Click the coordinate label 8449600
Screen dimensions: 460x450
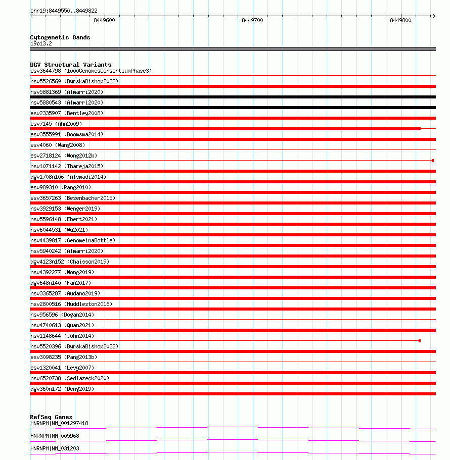pyautogui.click(x=104, y=21)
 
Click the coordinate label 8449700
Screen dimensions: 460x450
pyautogui.click(x=252, y=21)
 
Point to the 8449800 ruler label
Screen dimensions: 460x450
pyautogui.click(x=400, y=21)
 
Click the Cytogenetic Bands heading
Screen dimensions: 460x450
pyautogui.click(x=60, y=37)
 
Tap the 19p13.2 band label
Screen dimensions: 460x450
pyautogui.click(x=41, y=43)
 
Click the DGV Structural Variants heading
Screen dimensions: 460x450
pyautogui.click(x=71, y=65)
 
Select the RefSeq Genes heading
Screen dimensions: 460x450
pyautogui.click(x=51, y=417)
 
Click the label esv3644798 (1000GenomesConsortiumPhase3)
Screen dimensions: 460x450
pyautogui.click(x=91, y=71)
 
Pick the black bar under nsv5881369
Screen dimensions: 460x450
pyautogui.click(x=233, y=97)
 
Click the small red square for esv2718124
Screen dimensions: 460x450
pyautogui.click(x=433, y=161)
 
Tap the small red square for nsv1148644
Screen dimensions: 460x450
pyautogui.click(x=420, y=341)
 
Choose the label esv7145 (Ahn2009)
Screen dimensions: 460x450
pyautogui.click(x=56, y=124)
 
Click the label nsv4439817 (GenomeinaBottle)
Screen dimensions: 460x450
pyautogui.click(x=73, y=240)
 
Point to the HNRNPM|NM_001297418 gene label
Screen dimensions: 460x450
pyautogui.click(x=59, y=423)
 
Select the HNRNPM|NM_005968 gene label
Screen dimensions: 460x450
pyautogui.click(x=55, y=436)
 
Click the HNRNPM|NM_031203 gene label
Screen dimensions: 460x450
pyautogui.click(x=55, y=448)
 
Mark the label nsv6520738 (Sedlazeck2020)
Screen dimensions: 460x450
pyautogui.click(x=70, y=378)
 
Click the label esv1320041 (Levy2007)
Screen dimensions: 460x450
pyautogui.click(x=62, y=368)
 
